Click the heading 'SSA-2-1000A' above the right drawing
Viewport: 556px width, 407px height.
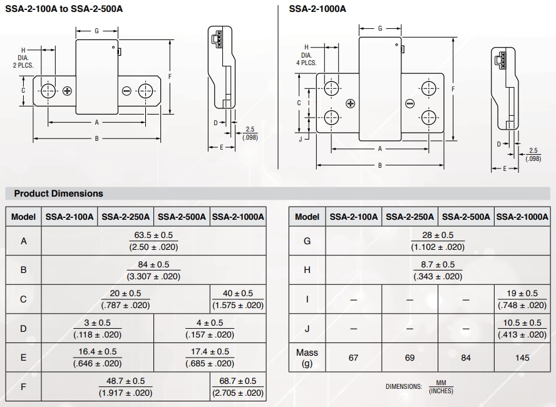(x=317, y=9)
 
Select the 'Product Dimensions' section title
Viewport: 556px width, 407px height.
(x=58, y=193)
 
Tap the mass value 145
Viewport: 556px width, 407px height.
(x=522, y=358)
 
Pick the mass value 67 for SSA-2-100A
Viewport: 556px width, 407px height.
(x=353, y=358)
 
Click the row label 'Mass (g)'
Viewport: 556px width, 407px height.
(x=307, y=358)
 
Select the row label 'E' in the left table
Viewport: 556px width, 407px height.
(x=24, y=358)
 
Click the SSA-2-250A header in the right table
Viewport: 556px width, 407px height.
(x=409, y=217)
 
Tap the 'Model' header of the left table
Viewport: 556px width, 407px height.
(x=24, y=217)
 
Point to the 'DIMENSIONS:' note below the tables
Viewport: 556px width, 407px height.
(x=404, y=386)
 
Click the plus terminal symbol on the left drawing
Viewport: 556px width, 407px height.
(x=66, y=91)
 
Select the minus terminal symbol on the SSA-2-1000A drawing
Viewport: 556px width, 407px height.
(x=409, y=103)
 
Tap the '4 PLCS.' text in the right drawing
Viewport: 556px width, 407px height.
(x=306, y=63)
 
